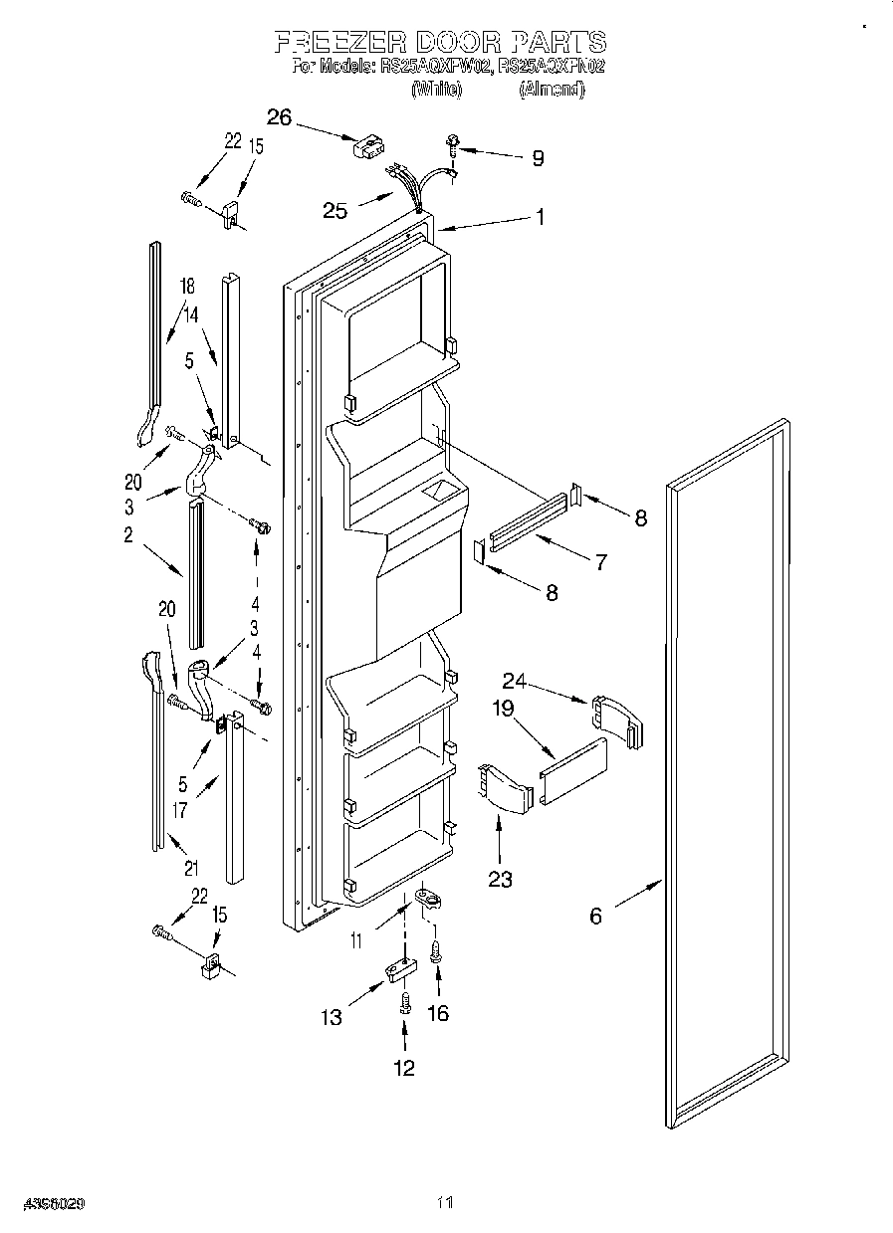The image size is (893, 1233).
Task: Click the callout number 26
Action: click(279, 118)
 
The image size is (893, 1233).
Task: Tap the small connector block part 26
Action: click(365, 146)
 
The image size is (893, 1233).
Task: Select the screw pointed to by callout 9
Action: click(453, 145)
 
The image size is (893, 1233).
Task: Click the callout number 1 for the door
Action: click(540, 216)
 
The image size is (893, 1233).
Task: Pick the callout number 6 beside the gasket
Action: click(595, 917)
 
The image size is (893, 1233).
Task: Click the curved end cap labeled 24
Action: click(617, 719)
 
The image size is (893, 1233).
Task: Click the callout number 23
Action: click(500, 879)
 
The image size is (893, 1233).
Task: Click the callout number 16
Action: click(437, 1013)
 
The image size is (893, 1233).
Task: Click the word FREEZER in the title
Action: click(339, 42)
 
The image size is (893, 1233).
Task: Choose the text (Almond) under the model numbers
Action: click(551, 90)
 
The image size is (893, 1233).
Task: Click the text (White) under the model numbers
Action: click(436, 90)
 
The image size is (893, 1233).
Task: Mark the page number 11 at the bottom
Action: click(445, 1203)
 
